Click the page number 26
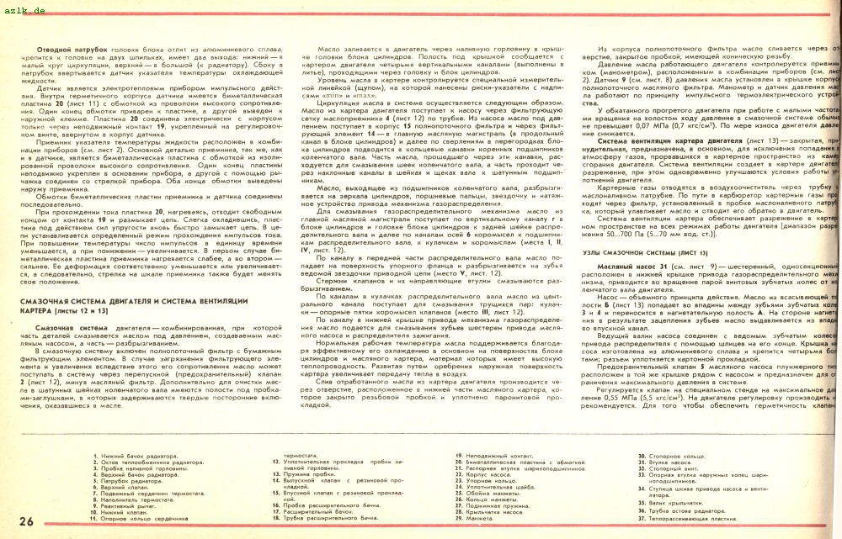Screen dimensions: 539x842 point(25,521)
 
